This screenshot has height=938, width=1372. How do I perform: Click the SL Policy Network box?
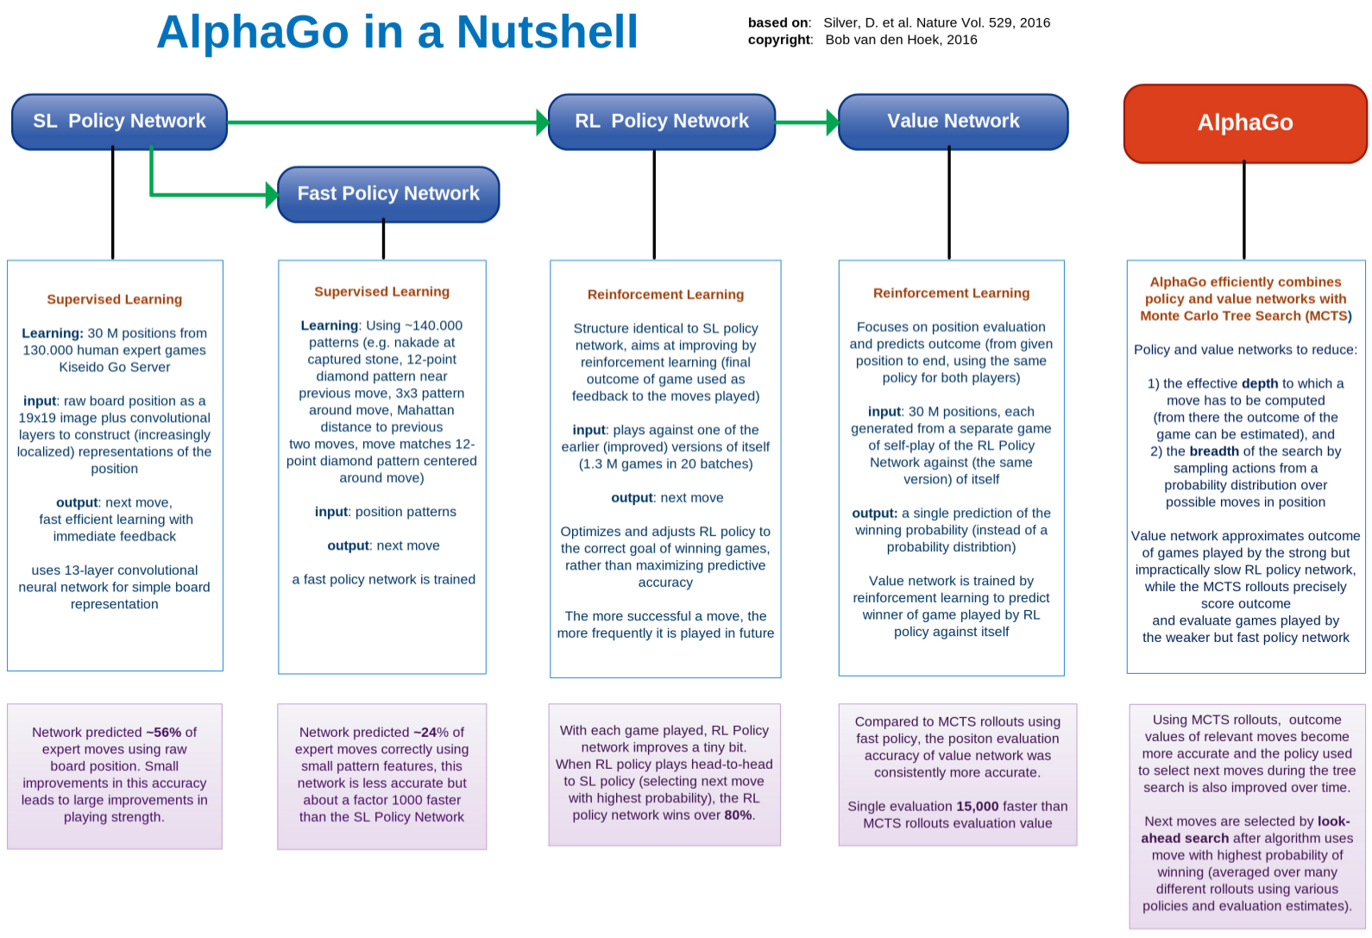[119, 122]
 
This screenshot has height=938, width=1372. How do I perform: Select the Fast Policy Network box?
[388, 194]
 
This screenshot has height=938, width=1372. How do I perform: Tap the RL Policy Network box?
[662, 122]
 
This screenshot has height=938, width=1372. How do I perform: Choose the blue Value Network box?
[953, 122]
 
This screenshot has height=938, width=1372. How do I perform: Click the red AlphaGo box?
[1244, 123]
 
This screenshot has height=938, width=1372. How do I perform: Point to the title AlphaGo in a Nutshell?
[397, 33]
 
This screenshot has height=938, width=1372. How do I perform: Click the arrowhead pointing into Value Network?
[832, 123]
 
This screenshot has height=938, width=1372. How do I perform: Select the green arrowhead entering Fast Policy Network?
[271, 195]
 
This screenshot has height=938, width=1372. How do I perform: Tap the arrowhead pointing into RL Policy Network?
[542, 123]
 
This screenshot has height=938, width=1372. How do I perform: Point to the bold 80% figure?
[738, 815]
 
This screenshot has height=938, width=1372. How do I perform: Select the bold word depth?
[1260, 384]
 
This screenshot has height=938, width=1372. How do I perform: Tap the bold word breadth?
[1214, 451]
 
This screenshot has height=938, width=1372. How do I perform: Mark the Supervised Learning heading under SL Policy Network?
[115, 299]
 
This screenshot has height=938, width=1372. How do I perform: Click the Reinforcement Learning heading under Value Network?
[951, 293]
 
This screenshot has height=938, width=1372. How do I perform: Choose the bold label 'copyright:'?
[780, 40]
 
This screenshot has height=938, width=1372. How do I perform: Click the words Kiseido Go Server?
[115, 368]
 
